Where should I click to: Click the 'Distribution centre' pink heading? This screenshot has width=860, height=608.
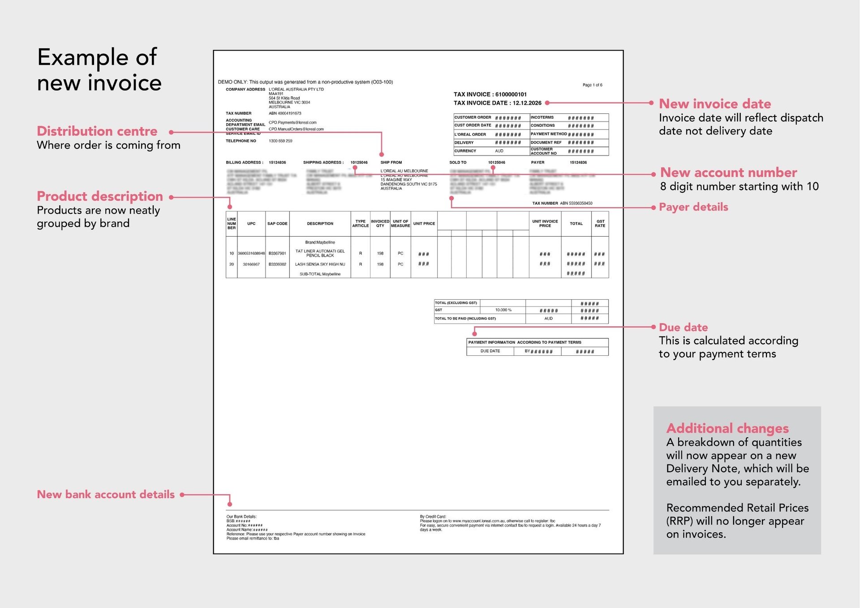(97, 131)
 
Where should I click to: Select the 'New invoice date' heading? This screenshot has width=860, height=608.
(714, 104)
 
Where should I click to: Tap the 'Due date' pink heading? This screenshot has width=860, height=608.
(683, 328)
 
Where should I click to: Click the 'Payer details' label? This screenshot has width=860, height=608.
(693, 207)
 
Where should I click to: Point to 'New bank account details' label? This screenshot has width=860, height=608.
(106, 495)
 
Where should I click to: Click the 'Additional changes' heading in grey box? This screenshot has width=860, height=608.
(727, 428)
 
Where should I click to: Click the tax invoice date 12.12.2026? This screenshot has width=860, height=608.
(527, 103)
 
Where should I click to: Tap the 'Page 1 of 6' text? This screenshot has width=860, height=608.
(592, 85)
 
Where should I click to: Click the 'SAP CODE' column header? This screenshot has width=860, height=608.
(277, 224)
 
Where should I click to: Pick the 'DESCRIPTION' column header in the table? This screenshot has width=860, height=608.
(320, 224)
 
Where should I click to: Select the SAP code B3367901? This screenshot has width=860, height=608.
(277, 254)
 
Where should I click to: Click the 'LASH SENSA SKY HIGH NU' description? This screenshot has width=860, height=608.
(320, 264)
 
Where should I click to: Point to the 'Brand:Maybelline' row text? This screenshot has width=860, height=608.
(320, 242)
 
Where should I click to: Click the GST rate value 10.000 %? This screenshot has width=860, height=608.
(503, 310)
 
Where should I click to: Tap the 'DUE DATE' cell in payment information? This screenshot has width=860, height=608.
(490, 351)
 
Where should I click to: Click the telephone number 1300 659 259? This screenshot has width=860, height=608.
(280, 141)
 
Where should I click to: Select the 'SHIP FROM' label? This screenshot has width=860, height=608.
(391, 163)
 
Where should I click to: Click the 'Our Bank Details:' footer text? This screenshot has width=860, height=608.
(241, 517)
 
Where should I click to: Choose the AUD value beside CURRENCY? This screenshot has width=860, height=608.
(499, 151)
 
